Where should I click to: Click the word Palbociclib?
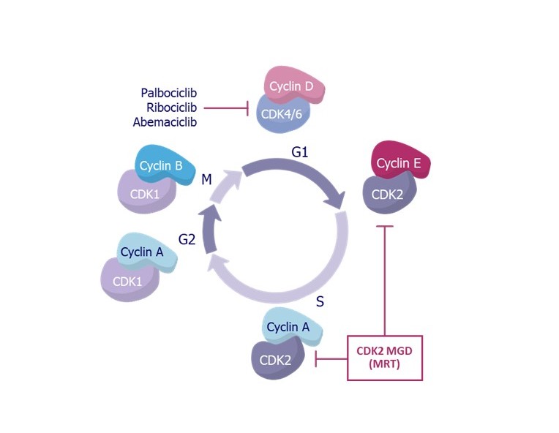pos(169,93)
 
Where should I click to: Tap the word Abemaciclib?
pos(165,122)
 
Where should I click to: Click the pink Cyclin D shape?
pos(290,87)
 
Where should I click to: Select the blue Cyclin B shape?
pos(163,165)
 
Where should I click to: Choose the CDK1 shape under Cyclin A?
pos(129,282)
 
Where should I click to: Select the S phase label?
pos(321,300)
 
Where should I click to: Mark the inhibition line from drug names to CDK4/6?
pos(227,108)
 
